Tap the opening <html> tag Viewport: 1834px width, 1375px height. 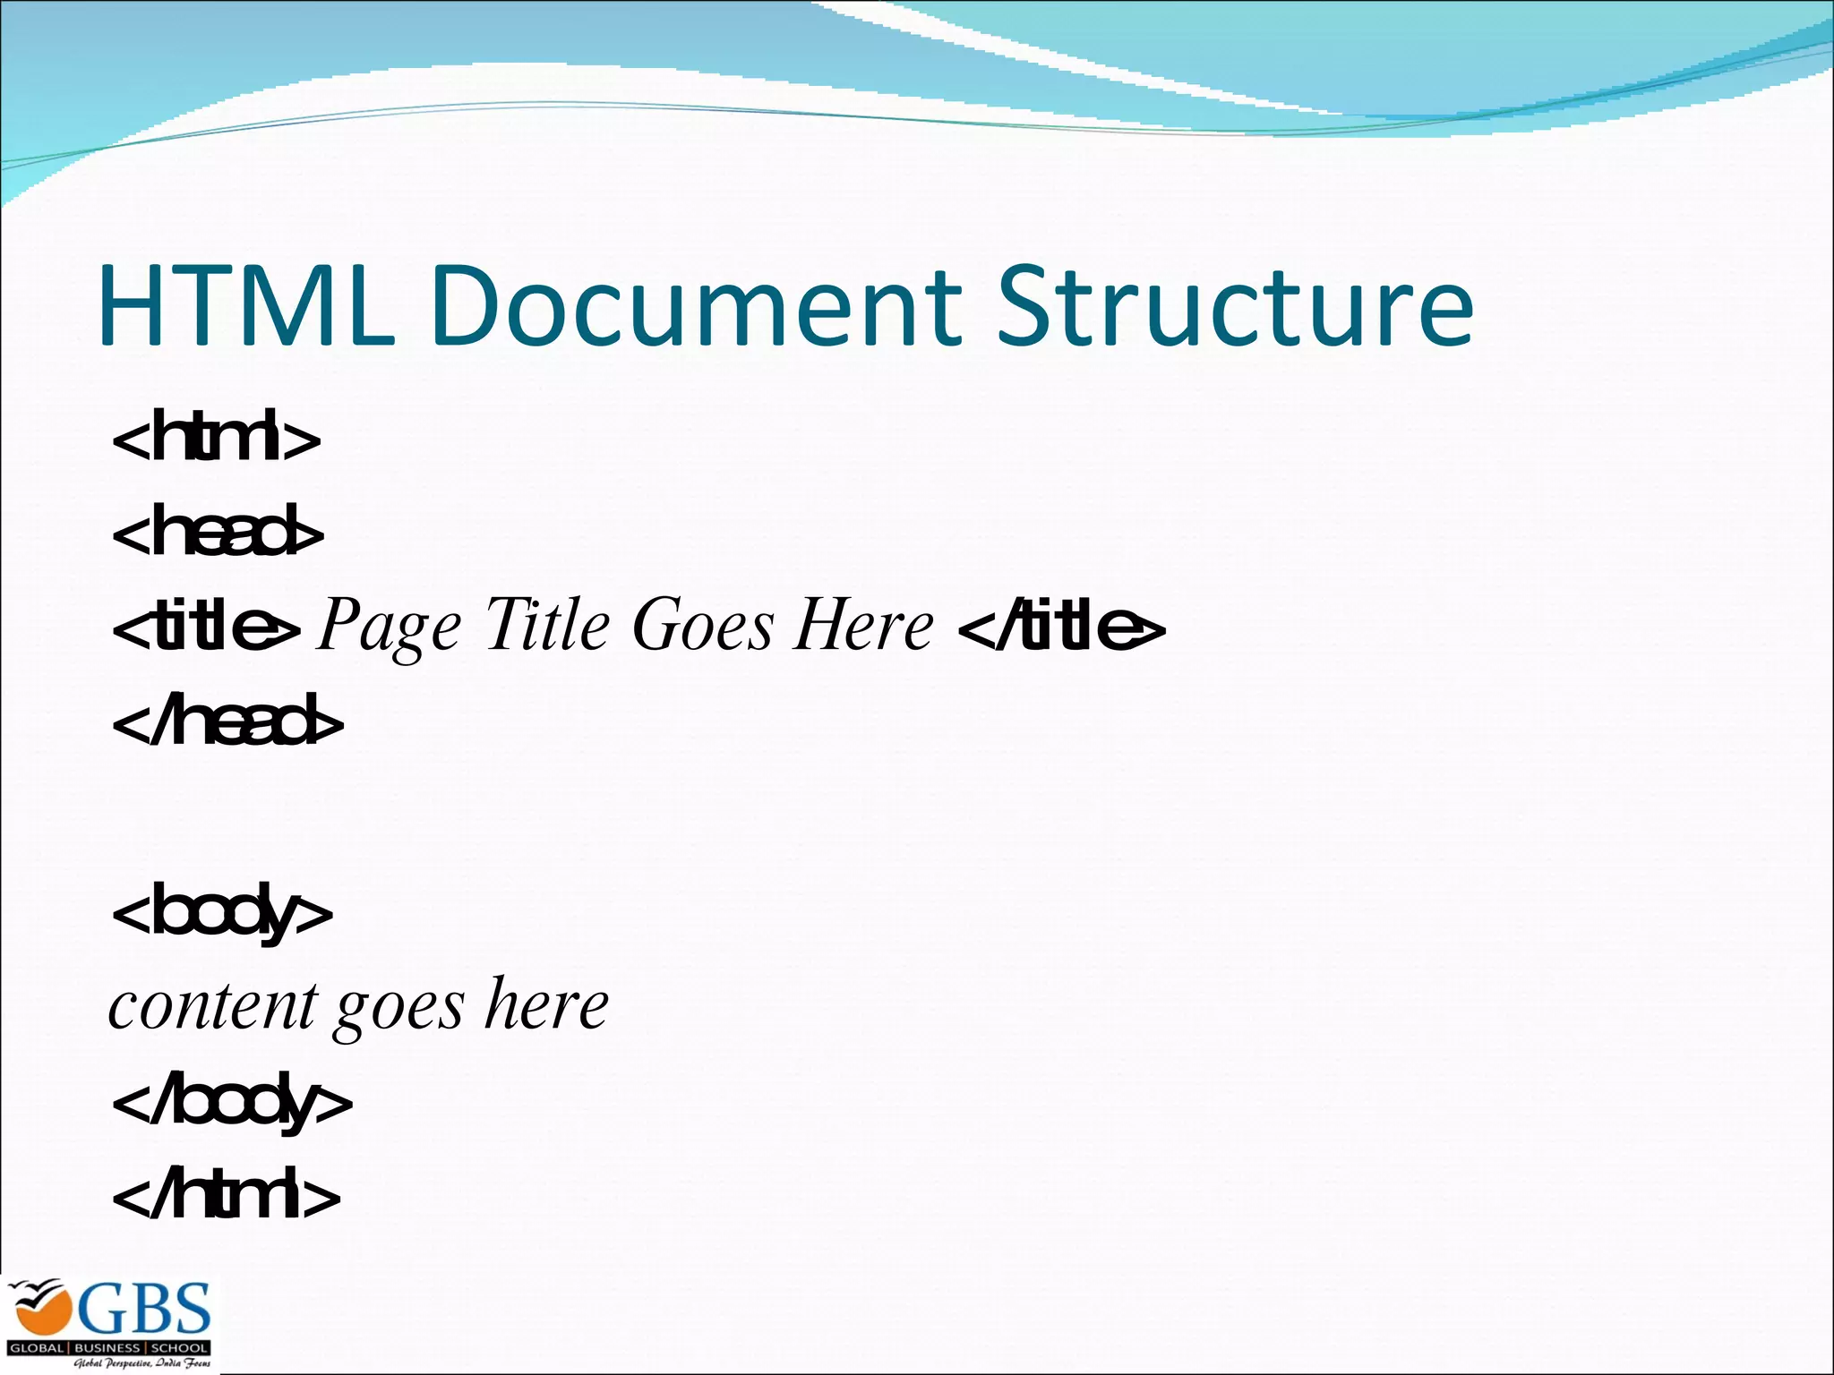click(216, 437)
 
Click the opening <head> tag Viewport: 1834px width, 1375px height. click(218, 532)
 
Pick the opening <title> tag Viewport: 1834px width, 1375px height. click(206, 627)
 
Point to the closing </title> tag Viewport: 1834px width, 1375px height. click(1062, 627)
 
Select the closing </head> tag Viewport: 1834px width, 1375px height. click(227, 722)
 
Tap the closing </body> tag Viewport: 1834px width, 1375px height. click(232, 1103)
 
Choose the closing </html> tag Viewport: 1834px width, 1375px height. click(227, 1196)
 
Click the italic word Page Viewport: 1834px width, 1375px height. click(390, 627)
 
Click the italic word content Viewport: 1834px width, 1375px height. click(213, 1006)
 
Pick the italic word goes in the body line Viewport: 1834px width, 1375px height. click(399, 1008)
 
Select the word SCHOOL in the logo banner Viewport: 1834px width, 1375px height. click(179, 1347)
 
